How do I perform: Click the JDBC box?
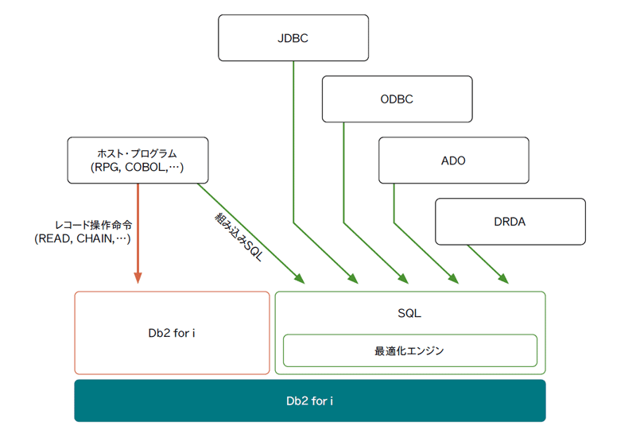tap(293, 38)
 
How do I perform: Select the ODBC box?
tap(397, 99)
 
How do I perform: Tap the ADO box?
tap(453, 160)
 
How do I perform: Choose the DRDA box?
tap(510, 222)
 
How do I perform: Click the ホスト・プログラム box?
tap(138, 160)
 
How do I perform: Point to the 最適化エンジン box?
tap(410, 350)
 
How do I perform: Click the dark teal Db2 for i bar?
tap(310, 400)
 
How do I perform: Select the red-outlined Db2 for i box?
tap(172, 333)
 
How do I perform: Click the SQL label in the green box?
tap(409, 313)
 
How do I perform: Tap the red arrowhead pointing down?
tap(138, 277)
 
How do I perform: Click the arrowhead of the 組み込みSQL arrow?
tap(300, 278)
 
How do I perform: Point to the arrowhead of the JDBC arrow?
tap(353, 278)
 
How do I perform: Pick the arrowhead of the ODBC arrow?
tap(404, 278)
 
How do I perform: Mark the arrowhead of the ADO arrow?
tap(454, 278)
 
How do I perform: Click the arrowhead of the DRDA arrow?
tap(504, 278)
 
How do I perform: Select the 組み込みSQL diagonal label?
tap(239, 237)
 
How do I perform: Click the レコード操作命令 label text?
tap(94, 225)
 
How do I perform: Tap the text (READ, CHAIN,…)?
tap(83, 238)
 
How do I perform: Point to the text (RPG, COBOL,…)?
tap(137, 167)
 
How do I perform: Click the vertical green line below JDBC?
tap(293, 142)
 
